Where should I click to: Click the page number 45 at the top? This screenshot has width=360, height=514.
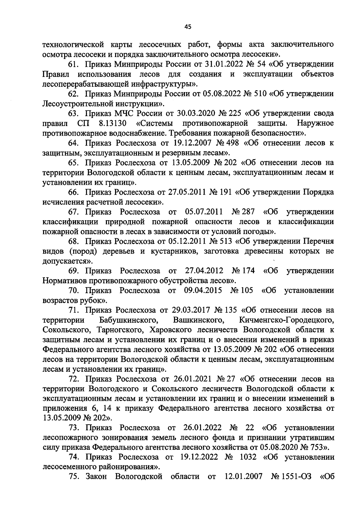coord(188,27)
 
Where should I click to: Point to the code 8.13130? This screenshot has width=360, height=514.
coord(112,123)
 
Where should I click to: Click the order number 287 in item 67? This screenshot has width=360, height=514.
coord(247,212)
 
